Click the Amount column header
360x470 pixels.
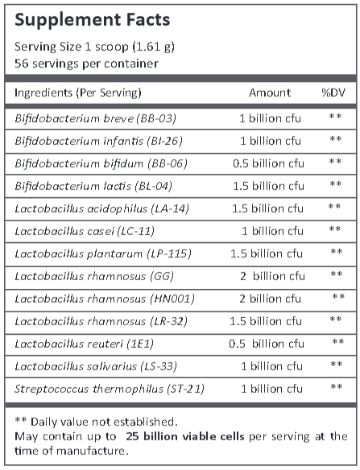point(269,93)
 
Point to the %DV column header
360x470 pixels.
point(333,93)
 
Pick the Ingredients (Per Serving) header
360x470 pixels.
point(78,93)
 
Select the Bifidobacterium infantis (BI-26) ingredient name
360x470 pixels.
point(98,141)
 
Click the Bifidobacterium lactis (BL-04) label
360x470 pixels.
point(95,185)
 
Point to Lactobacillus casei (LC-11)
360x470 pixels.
point(83,230)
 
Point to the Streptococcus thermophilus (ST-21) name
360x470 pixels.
point(109,389)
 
